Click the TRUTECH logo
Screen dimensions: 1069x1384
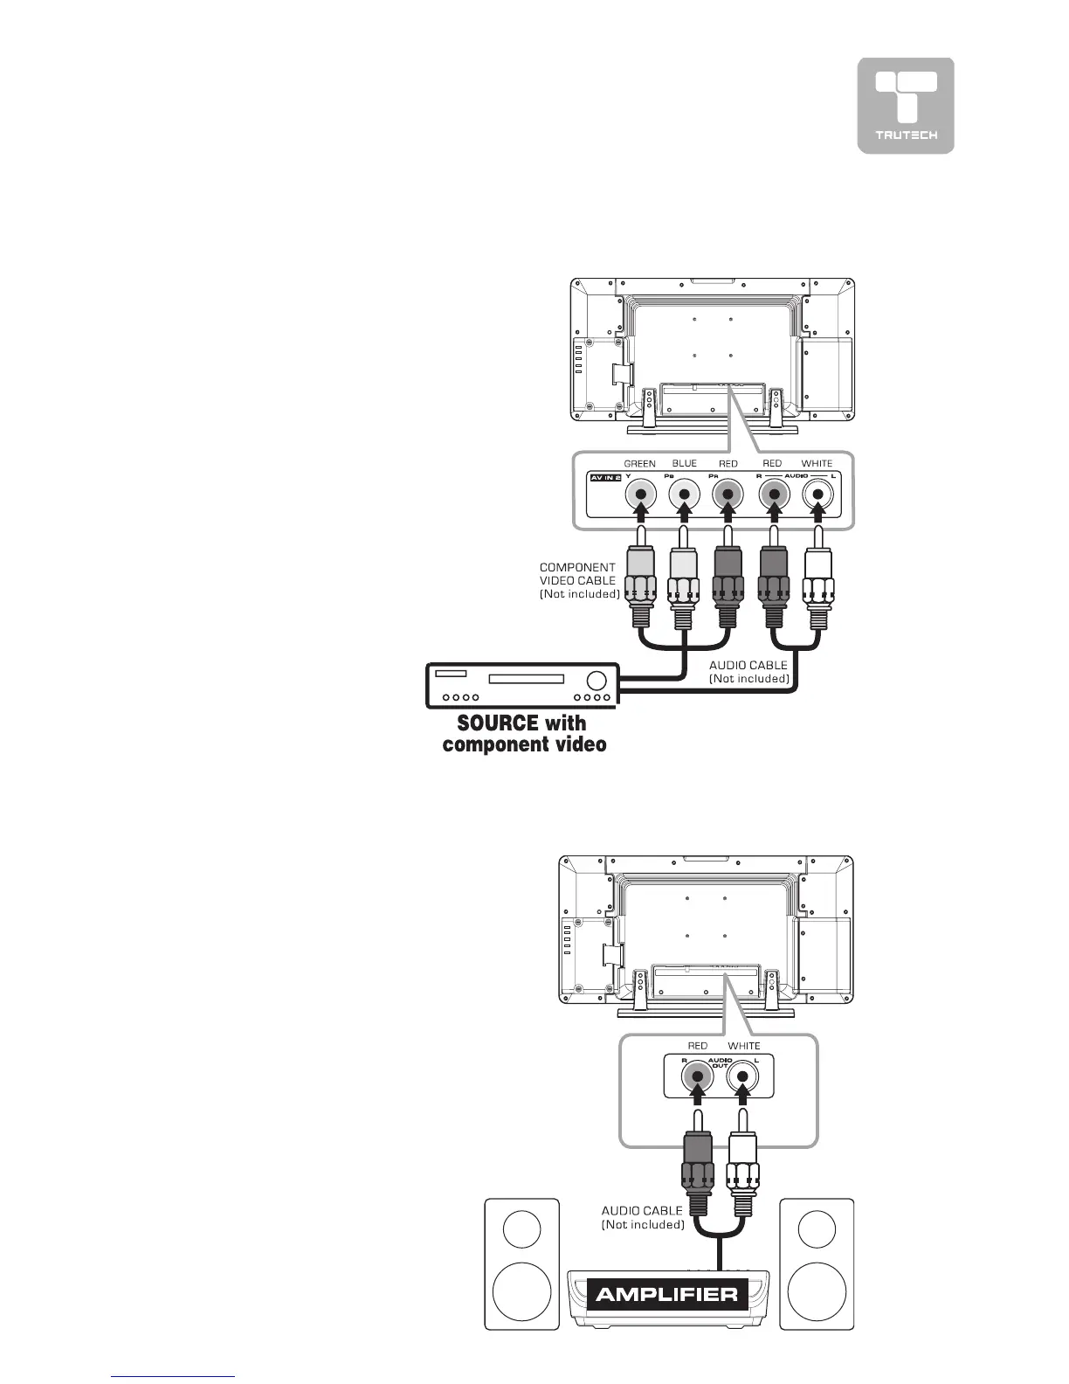(x=906, y=106)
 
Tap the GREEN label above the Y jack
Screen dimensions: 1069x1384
(x=639, y=464)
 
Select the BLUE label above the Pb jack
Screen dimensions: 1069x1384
(x=685, y=464)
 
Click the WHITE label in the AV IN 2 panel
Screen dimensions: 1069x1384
(x=817, y=464)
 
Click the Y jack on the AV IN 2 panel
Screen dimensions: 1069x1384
(x=641, y=496)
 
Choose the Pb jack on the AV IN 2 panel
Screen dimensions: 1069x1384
(x=685, y=496)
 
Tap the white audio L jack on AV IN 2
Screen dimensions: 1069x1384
(x=817, y=496)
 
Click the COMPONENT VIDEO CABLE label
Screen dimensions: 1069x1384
(x=579, y=580)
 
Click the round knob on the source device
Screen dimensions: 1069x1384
(x=597, y=680)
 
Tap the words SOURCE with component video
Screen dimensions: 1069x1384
(x=524, y=734)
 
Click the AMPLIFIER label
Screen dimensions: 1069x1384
(x=666, y=1295)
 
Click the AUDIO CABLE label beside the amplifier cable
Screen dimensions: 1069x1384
(x=642, y=1217)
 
